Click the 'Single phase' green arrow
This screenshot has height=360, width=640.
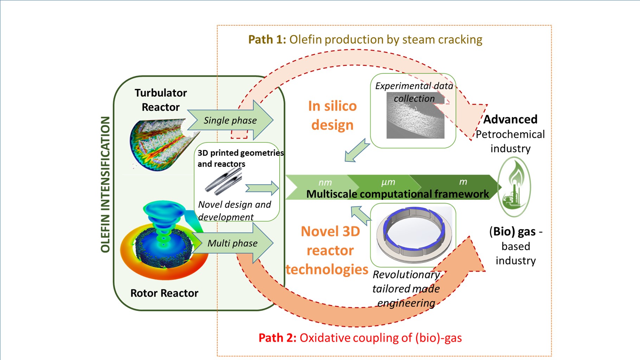coord(230,120)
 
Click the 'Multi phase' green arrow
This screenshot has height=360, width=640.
coord(232,243)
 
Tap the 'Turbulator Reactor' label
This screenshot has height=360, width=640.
coord(161,100)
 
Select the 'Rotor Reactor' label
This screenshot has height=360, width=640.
coord(164,293)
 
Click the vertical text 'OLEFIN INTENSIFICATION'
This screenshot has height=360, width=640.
coord(105,185)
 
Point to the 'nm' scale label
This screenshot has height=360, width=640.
coord(325,182)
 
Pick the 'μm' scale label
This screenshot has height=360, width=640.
coord(388,182)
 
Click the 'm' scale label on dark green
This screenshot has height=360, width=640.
coord(463,182)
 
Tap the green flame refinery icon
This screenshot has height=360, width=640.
coord(514,187)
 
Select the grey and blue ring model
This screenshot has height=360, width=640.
coord(414,234)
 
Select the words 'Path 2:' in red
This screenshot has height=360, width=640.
coord(277,337)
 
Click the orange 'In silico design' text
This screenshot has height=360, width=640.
coord(332,115)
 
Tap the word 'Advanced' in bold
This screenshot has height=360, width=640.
coord(510,119)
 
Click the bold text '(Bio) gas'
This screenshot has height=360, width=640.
coord(513,231)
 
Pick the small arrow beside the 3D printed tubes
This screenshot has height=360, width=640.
coord(262,188)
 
